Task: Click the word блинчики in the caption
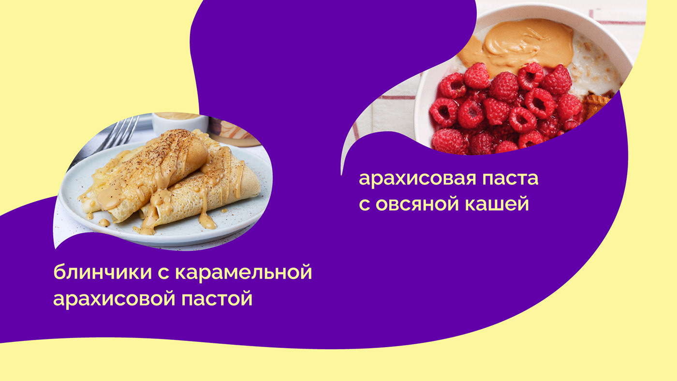[103, 271]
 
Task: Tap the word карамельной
[244, 272]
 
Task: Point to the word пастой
[217, 298]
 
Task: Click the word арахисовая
[417, 179]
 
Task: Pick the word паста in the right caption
[510, 178]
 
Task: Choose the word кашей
[497, 204]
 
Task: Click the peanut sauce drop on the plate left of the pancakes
[104, 222]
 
